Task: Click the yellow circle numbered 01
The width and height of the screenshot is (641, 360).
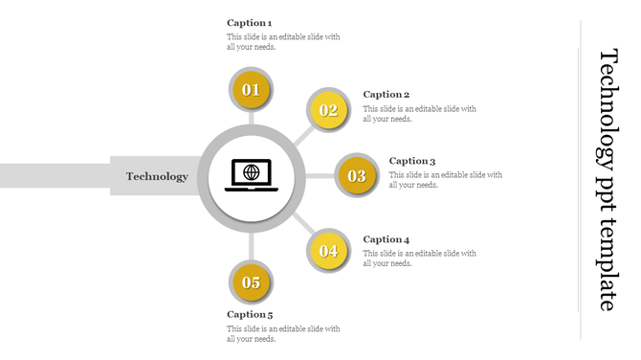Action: pos(251,90)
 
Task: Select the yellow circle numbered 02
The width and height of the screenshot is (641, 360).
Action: pos(328,110)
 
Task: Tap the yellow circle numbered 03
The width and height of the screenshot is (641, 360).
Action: pos(356,175)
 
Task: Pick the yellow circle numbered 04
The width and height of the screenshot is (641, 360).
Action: pos(328,251)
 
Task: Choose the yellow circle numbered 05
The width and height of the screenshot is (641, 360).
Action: pos(251,281)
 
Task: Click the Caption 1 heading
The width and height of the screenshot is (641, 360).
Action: pos(250,22)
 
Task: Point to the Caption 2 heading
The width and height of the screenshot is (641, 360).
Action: pos(387,95)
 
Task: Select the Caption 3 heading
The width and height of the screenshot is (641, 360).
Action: pos(412,161)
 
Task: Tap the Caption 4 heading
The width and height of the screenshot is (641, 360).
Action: pos(387,239)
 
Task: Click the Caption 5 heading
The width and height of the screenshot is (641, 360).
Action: pos(250,314)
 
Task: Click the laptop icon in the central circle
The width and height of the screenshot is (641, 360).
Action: pos(252,175)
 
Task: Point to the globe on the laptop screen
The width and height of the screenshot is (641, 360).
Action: pos(252,172)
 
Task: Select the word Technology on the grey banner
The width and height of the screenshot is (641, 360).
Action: pos(157,176)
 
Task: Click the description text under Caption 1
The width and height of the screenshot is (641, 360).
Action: pos(283,42)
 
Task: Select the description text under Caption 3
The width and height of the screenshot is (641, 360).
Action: pos(445,180)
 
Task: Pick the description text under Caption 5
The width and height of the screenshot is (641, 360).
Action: pos(283,334)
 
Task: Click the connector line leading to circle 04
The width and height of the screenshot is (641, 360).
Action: pos(301,223)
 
